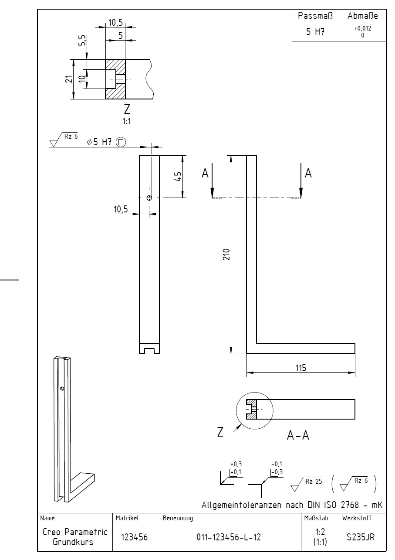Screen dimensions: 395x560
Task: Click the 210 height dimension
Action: (226, 254)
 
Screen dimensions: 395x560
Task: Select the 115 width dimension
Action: (300, 368)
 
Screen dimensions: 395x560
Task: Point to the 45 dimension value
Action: (178, 176)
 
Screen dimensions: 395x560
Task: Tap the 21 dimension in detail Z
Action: (69, 79)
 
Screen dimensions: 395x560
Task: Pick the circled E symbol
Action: (121, 142)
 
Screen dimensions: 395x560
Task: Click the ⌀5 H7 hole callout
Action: (99, 142)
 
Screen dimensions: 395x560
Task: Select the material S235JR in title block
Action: (361, 537)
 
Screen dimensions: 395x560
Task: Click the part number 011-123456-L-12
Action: (229, 537)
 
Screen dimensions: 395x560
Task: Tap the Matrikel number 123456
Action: (134, 537)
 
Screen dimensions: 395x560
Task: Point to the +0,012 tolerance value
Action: (362, 28)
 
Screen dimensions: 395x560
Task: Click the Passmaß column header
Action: (315, 16)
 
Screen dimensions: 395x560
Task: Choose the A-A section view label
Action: (298, 435)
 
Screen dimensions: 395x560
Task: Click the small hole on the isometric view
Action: (62, 389)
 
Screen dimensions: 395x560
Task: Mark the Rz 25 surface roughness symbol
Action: (306, 484)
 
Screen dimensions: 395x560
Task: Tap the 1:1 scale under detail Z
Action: (127, 121)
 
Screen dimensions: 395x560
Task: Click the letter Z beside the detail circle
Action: (220, 432)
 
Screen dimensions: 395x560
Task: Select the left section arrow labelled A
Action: (212, 181)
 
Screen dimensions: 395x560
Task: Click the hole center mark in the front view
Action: (149, 198)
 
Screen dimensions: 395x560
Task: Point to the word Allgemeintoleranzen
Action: (241, 505)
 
